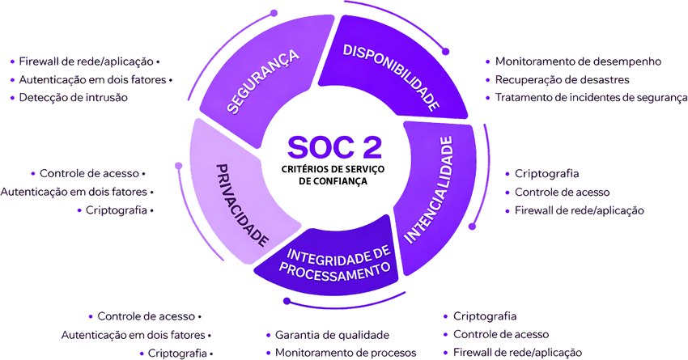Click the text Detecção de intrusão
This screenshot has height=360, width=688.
pyautogui.click(x=73, y=98)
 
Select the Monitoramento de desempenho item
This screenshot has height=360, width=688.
pyautogui.click(x=579, y=61)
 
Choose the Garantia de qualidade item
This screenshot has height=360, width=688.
pyautogui.click(x=332, y=335)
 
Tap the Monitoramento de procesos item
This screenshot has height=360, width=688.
pyautogui.click(x=346, y=353)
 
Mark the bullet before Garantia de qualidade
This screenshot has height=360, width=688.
pyautogui.click(x=269, y=335)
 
